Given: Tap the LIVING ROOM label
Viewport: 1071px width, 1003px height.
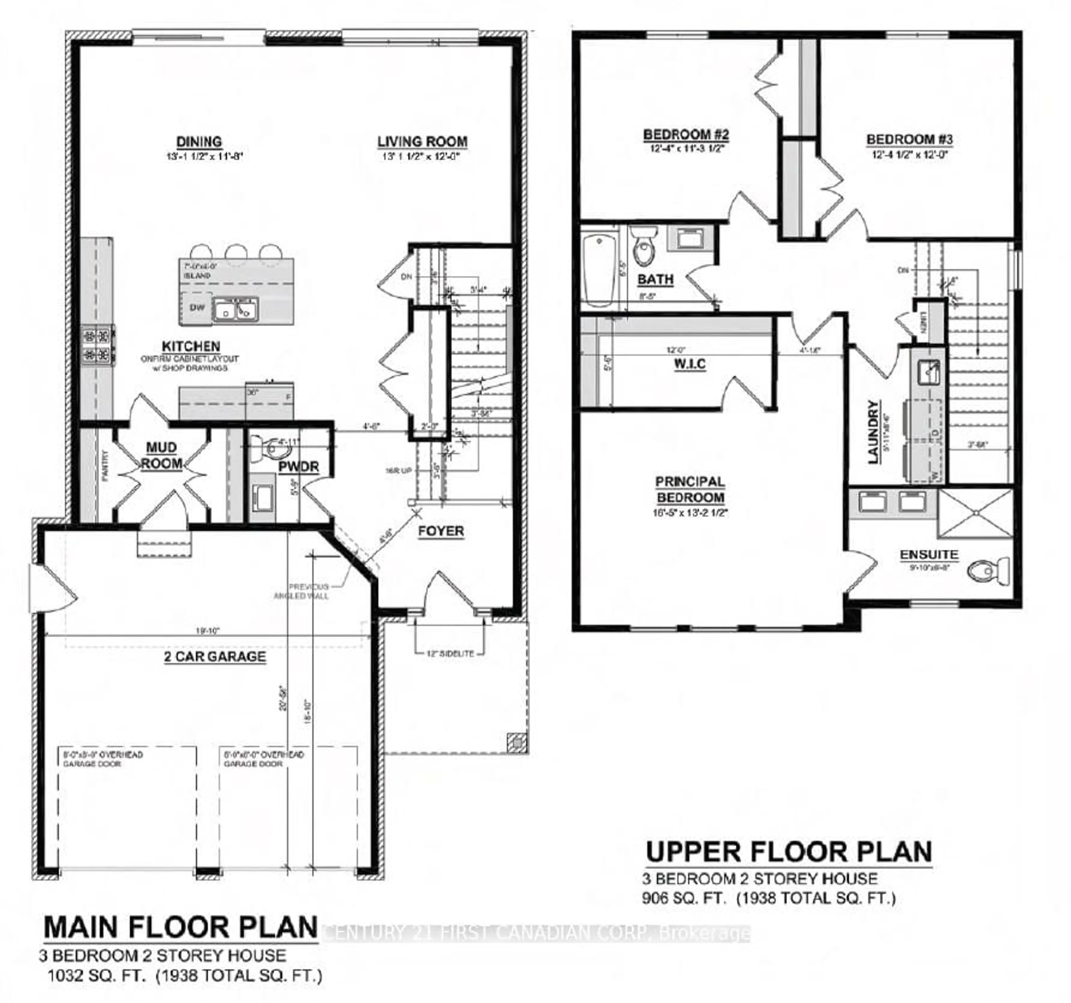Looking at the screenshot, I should (x=422, y=142).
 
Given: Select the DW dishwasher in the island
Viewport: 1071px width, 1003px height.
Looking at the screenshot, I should (x=197, y=307).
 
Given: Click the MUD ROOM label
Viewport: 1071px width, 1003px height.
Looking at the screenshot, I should (x=161, y=455).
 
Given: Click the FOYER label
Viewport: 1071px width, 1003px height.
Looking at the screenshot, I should (x=441, y=531).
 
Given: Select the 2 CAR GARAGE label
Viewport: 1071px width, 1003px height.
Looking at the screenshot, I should (x=215, y=656).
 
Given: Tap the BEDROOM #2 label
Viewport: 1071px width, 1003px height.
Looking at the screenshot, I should (x=686, y=134).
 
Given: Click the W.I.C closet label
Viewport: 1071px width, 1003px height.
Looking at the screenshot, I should (x=689, y=364).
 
